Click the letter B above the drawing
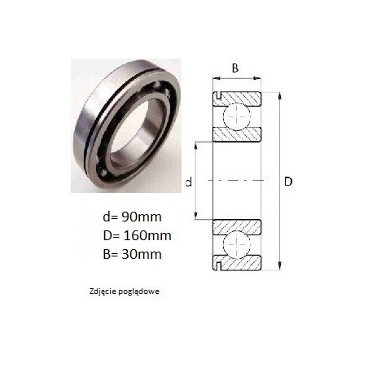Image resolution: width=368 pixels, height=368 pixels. (235, 68)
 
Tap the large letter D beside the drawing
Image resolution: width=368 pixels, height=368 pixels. (288, 182)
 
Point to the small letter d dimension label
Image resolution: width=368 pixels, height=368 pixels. (189, 182)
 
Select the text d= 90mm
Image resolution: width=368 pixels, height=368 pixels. (132, 217)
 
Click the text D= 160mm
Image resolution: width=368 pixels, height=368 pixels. (137, 235)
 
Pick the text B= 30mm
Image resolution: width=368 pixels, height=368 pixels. (132, 254)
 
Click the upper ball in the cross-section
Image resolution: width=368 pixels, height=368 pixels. (236, 116)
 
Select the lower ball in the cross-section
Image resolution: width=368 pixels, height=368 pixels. (236, 243)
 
